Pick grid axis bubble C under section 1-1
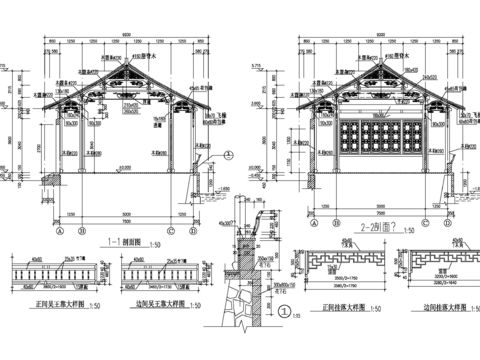[x=171, y=229]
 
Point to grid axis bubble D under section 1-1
[x=191, y=229]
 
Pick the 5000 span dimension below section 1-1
[x=126, y=213]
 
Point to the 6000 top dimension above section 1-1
[x=126, y=38]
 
